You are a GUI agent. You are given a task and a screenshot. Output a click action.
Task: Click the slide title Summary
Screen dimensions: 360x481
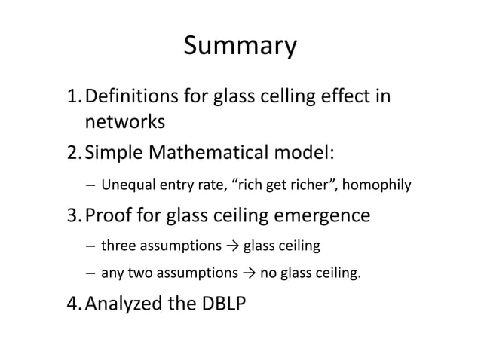(x=240, y=47)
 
